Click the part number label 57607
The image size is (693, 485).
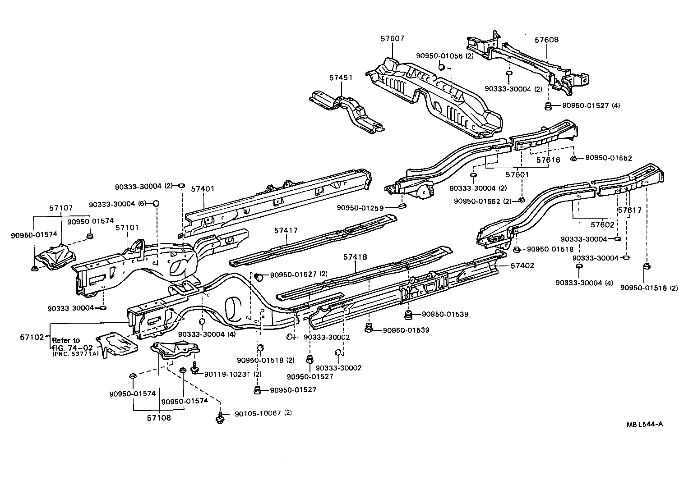[x=392, y=39]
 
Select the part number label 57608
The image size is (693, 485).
[x=546, y=40]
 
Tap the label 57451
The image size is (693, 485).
[x=341, y=78]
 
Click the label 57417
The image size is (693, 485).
[x=286, y=230]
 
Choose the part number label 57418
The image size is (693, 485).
[x=355, y=257]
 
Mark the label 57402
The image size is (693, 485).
[x=522, y=265]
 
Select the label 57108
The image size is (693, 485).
[x=159, y=418]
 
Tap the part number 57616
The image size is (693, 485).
[x=548, y=160]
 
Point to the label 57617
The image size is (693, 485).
[x=629, y=210]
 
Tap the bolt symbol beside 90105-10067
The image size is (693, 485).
[x=221, y=417]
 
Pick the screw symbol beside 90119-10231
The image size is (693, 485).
[x=195, y=367]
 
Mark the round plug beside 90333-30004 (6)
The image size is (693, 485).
[x=157, y=203]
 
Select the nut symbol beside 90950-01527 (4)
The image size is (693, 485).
[x=548, y=106]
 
